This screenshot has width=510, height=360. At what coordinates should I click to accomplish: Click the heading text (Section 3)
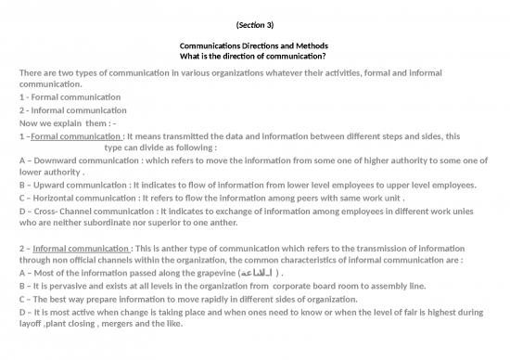[254, 21]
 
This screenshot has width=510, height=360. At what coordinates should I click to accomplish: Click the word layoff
[32, 324]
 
